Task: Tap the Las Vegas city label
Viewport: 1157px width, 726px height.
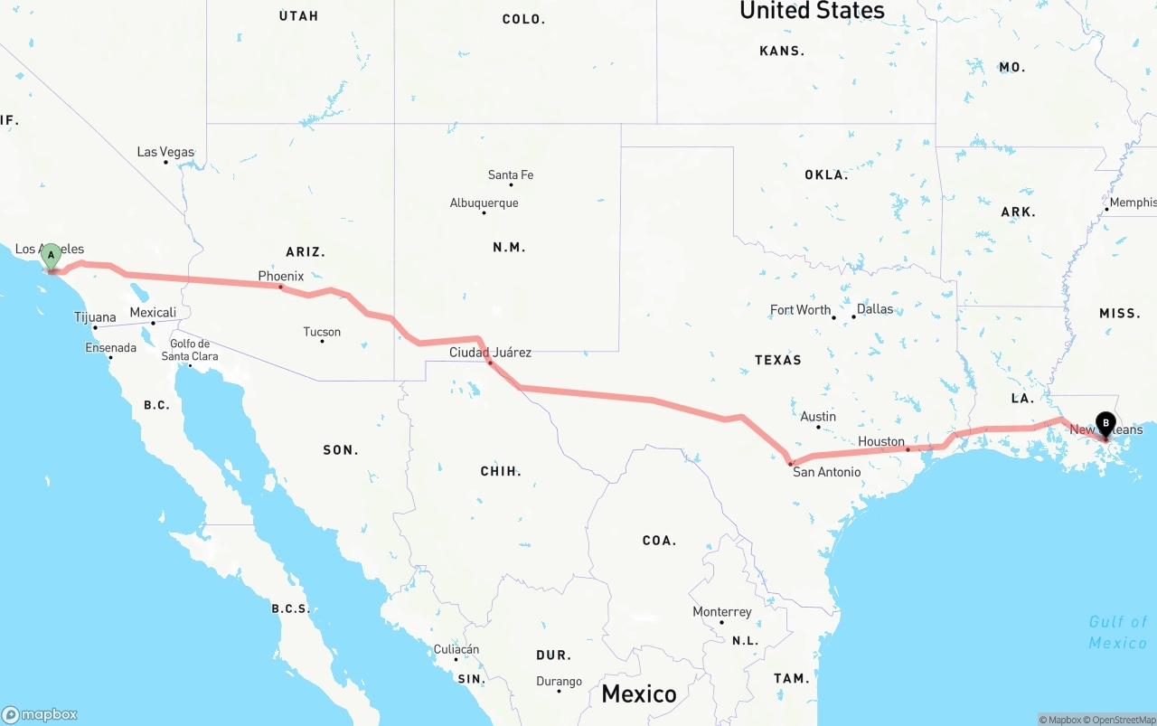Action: pos(165,152)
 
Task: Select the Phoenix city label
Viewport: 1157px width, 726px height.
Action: pos(281,276)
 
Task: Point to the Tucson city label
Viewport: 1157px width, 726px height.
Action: pos(322,332)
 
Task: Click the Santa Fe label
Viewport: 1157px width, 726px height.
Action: pos(511,174)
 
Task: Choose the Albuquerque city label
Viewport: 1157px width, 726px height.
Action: pos(484,203)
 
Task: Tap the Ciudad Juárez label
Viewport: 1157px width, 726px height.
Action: pos(491,353)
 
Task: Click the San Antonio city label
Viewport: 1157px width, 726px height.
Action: pos(826,471)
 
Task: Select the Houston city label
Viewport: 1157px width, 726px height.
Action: pos(881,441)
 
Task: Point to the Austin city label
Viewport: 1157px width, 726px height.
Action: pos(818,417)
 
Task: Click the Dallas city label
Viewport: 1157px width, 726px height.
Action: pos(874,309)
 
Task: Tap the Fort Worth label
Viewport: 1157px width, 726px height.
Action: pos(800,310)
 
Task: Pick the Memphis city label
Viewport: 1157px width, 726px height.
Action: pos(1133,203)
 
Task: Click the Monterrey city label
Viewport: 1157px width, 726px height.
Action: pos(722,612)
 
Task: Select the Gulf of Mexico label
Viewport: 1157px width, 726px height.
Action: pos(1118,632)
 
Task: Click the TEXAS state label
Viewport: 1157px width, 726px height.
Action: pos(778,360)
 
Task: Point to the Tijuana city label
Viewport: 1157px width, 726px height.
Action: pos(95,317)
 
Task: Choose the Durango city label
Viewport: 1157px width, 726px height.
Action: pos(559,682)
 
